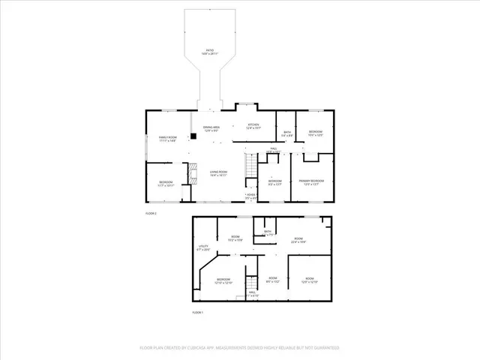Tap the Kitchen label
pyautogui.click(x=253, y=125)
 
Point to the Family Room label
pyautogui.click(x=167, y=138)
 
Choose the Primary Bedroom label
pyautogui.click(x=312, y=181)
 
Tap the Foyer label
pyautogui.click(x=250, y=196)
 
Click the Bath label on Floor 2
pyautogui.click(x=286, y=133)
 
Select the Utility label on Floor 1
pyautogui.click(x=202, y=247)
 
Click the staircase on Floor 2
pyautogui.click(x=249, y=164)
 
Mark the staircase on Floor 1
pyautogui.click(x=253, y=283)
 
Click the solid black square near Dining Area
pyautogui.click(x=193, y=136)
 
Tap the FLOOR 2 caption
pyautogui.click(x=151, y=214)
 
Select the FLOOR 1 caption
pyautogui.click(x=198, y=311)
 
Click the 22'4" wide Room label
pyautogui.click(x=298, y=239)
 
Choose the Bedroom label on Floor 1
pyautogui.click(x=224, y=280)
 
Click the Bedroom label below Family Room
pyautogui.click(x=166, y=183)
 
